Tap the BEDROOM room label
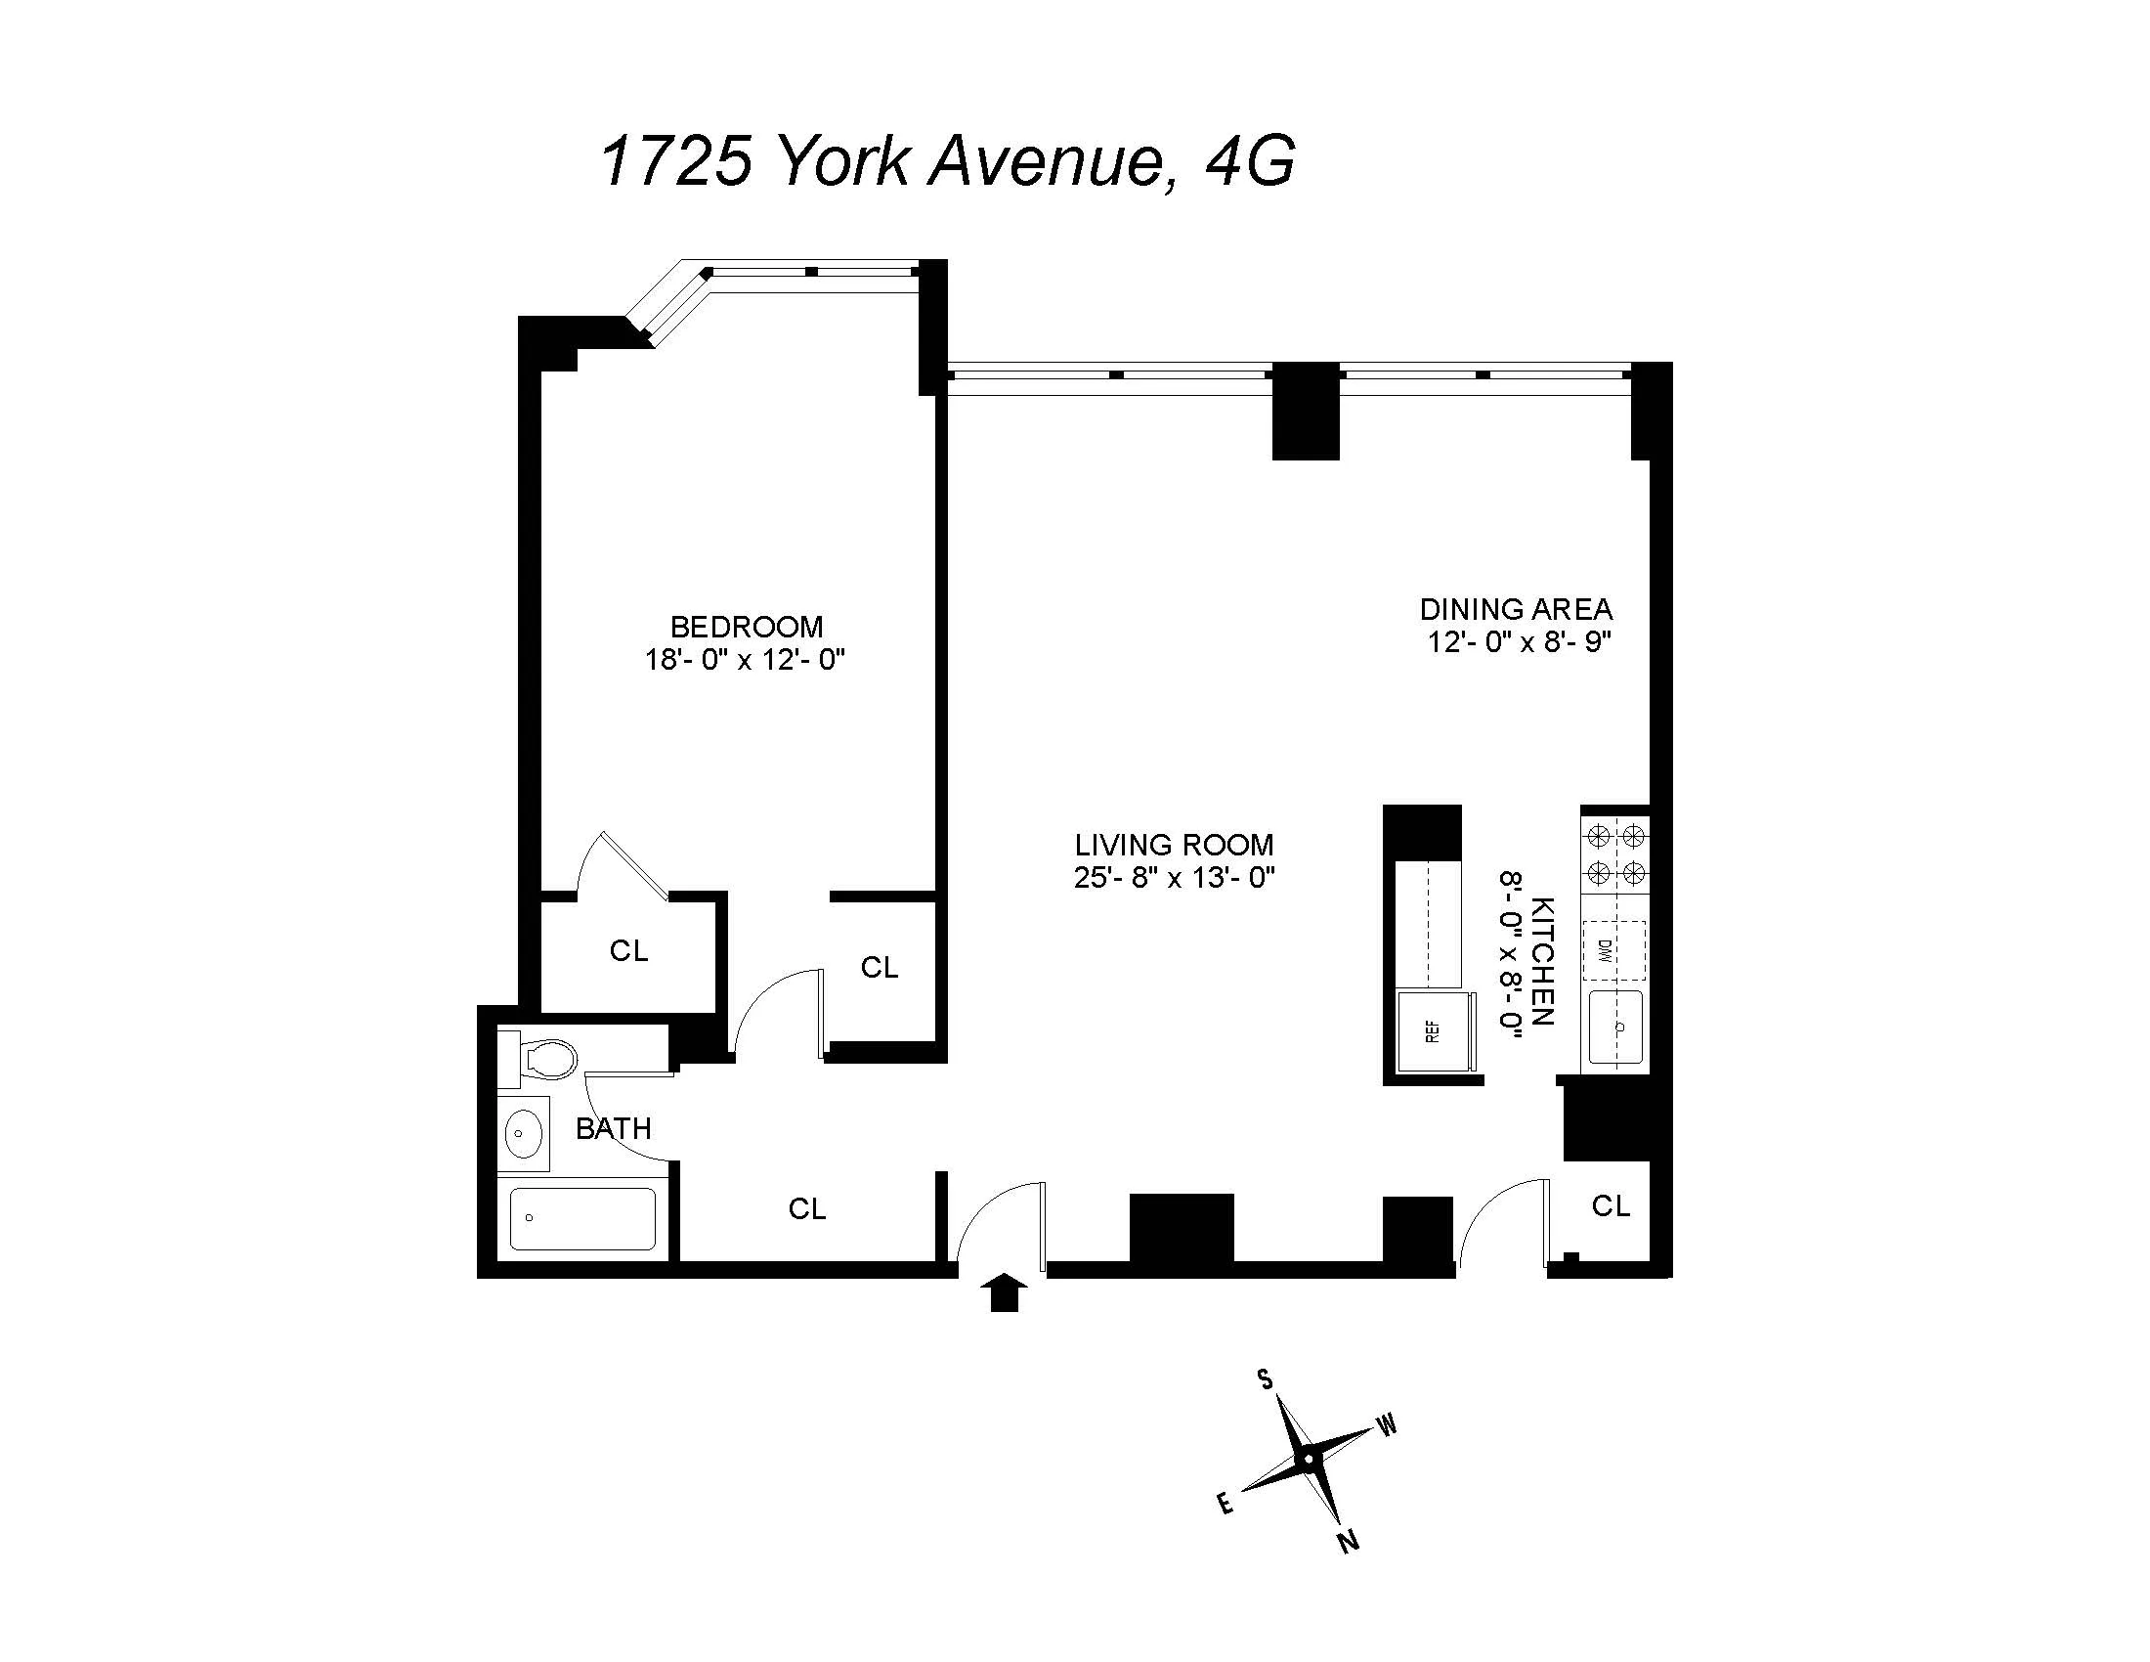747,627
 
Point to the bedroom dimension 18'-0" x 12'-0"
747,659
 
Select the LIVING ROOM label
1175,845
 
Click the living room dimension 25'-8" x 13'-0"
1175,876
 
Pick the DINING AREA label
1516,609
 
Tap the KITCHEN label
1543,960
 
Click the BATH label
614,1128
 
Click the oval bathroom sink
524,1133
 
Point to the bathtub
582,1219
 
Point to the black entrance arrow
1004,1290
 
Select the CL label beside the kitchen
1612,1205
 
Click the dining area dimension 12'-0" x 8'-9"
1519,642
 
